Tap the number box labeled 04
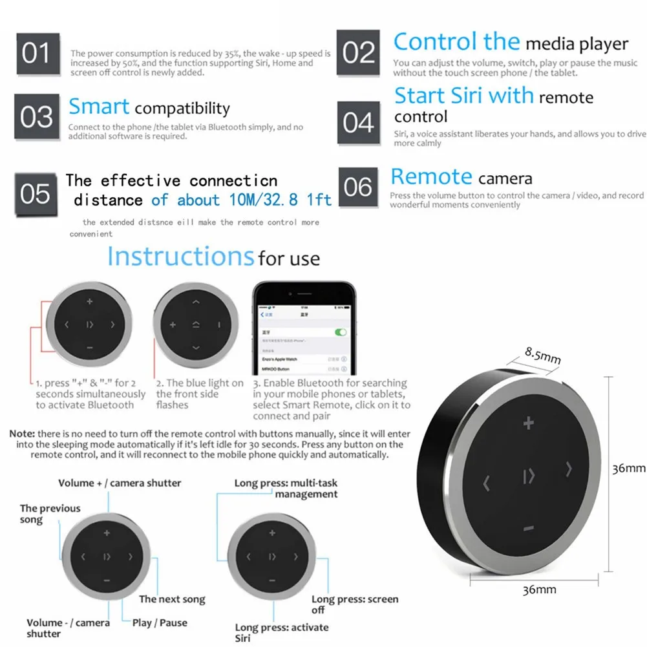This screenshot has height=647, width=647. point(357,122)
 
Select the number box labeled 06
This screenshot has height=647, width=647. point(357,187)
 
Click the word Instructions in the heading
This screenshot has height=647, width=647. point(180,257)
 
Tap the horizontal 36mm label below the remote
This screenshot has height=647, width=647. point(539,589)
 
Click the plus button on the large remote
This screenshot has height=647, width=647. point(529,424)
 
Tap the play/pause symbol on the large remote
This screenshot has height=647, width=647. point(529,478)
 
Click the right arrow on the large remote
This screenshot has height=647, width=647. point(569,468)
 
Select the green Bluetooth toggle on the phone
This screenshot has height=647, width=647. point(339,332)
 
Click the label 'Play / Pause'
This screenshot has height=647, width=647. point(160,622)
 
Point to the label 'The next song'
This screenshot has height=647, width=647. point(172,599)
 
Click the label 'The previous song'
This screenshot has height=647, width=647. point(50,514)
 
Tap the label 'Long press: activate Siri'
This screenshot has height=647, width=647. point(281,633)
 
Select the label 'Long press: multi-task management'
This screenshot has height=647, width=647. point(286,489)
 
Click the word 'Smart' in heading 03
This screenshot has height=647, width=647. point(99,107)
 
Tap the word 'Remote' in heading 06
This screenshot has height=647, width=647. point(431,176)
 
